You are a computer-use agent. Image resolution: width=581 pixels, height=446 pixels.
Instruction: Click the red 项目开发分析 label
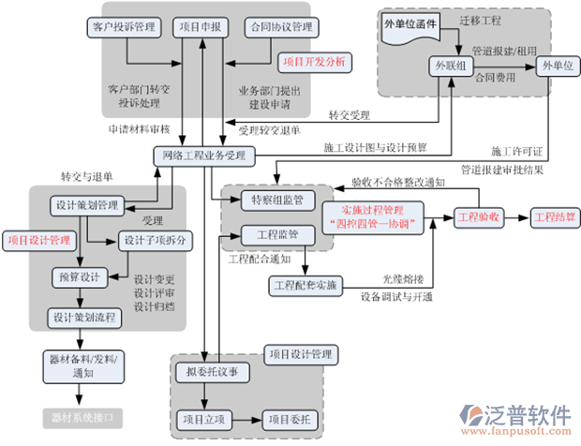point(314,62)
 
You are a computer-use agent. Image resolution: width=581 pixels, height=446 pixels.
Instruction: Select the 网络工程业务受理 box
point(203,155)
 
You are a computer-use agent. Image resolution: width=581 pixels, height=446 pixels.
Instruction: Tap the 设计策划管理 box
point(87,205)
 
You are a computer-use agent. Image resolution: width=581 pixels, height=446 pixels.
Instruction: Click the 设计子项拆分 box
point(156,240)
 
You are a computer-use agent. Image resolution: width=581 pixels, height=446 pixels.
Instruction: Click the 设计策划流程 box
point(84,319)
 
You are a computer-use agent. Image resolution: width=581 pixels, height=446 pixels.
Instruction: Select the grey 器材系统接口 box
point(83,413)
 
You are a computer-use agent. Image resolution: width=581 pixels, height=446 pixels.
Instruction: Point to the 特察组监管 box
point(272,200)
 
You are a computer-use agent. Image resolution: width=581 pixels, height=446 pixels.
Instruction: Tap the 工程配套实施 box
point(307,283)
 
